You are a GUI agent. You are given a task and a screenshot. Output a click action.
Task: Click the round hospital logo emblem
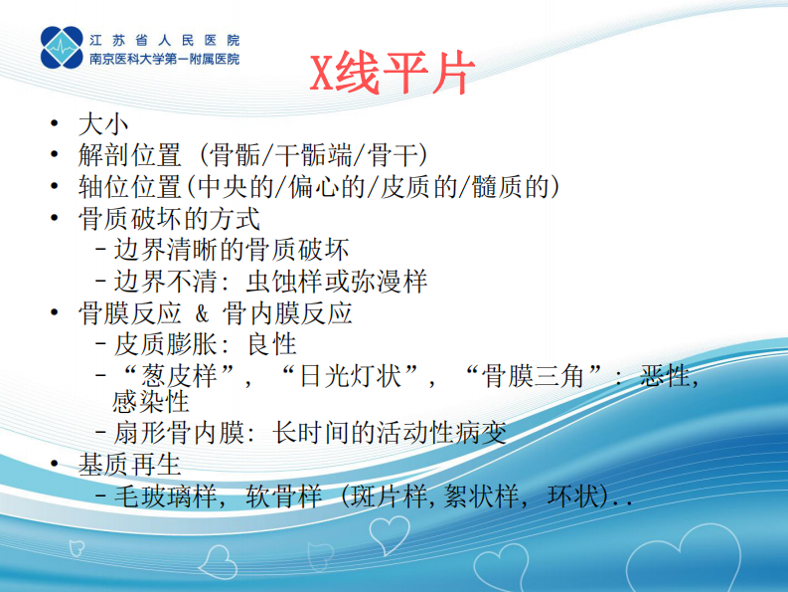62,49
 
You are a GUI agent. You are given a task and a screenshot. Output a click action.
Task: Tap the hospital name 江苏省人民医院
164,41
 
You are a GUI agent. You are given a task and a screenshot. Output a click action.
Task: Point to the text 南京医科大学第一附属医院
164,59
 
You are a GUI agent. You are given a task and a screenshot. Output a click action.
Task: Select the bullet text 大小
103,124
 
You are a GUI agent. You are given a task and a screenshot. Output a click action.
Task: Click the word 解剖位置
129,156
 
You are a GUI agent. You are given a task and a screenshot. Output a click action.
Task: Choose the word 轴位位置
129,187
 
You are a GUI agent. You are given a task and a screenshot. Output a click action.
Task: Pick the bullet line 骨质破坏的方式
169,218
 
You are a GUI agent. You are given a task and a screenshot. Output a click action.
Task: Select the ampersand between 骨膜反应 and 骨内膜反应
201,313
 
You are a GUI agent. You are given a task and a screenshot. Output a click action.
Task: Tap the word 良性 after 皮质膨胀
272,345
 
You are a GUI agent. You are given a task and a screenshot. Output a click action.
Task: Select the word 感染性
151,401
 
